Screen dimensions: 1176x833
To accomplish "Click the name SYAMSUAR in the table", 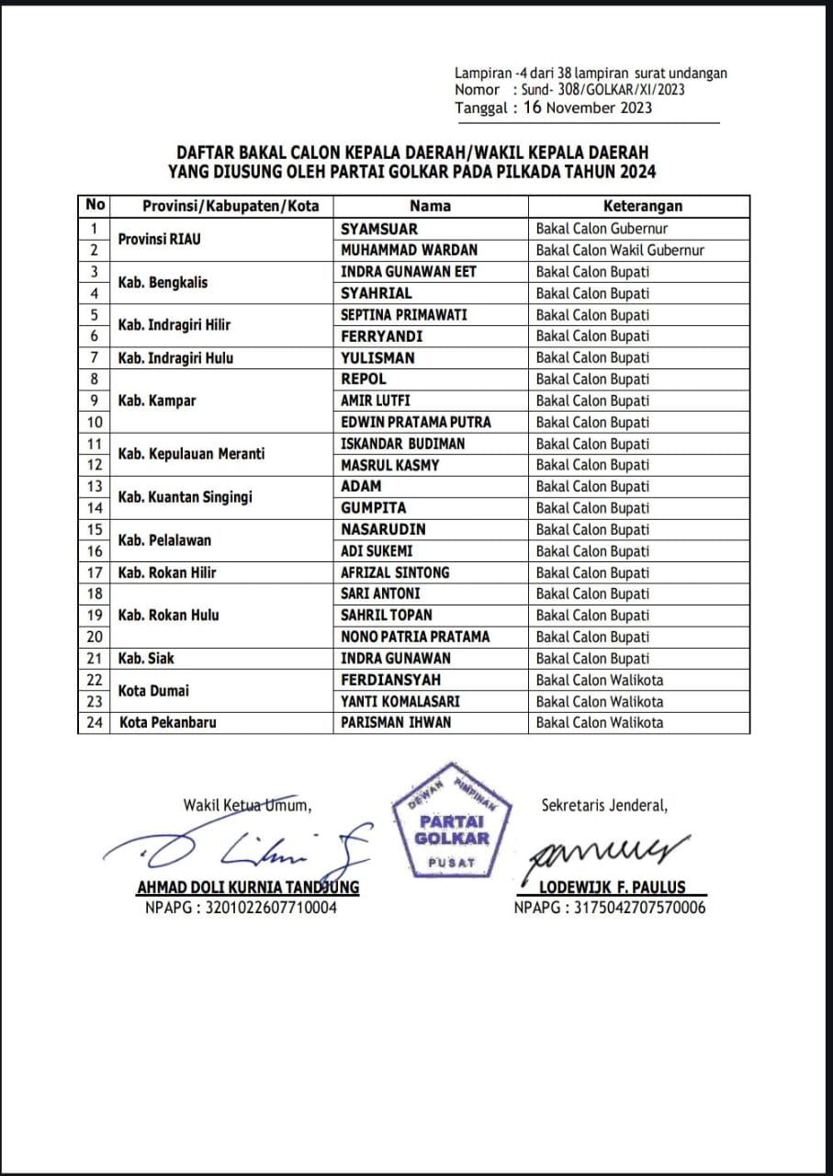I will (378, 229).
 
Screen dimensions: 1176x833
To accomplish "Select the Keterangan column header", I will (642, 206).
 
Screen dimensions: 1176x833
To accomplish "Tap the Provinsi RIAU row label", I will (159, 240).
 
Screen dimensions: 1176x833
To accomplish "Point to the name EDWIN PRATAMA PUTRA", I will (415, 422).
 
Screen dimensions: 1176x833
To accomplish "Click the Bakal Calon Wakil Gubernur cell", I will (620, 250).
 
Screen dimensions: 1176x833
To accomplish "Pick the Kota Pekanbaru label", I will (167, 722).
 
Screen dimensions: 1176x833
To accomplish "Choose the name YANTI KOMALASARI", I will (400, 701).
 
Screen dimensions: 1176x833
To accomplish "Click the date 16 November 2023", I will (588, 107).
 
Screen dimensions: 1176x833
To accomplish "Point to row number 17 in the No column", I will (95, 572).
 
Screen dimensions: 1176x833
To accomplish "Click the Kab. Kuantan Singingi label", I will (185, 497).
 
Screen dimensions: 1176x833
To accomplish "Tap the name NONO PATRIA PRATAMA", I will (415, 637).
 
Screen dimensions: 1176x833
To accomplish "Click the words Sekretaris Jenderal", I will (603, 806).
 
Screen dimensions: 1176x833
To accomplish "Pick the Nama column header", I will (430, 206).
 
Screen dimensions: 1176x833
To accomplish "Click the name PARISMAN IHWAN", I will (396, 722).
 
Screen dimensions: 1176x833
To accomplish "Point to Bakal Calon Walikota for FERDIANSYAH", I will (599, 680).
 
